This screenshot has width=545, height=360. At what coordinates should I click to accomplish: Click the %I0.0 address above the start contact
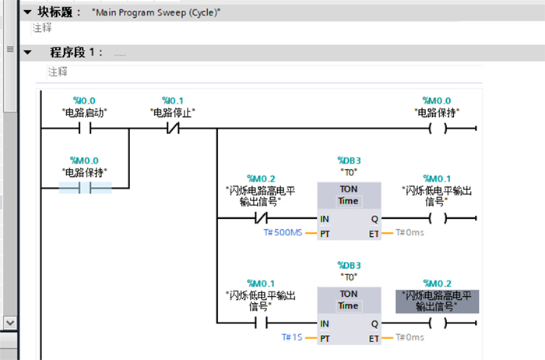[84, 101]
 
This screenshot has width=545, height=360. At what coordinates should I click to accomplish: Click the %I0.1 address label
[173, 101]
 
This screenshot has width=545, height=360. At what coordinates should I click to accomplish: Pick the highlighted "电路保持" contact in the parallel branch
[85, 189]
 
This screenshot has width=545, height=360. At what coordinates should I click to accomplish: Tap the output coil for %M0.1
[438, 219]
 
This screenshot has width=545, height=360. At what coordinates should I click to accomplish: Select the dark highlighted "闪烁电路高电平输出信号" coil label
[436, 302]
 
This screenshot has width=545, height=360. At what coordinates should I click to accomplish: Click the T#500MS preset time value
[283, 233]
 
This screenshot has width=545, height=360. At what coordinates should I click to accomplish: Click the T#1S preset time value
[292, 337]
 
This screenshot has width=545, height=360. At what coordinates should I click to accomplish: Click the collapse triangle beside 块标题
[28, 12]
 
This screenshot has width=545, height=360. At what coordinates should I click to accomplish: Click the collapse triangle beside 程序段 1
[28, 52]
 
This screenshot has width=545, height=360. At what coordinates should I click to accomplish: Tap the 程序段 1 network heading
[76, 52]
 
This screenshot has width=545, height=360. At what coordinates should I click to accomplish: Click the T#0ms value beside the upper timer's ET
[410, 233]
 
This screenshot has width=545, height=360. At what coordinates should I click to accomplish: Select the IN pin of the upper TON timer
[324, 219]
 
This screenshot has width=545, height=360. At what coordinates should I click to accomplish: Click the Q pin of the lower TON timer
[374, 323]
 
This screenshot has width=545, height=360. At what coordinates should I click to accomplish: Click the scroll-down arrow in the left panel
[9, 321]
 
